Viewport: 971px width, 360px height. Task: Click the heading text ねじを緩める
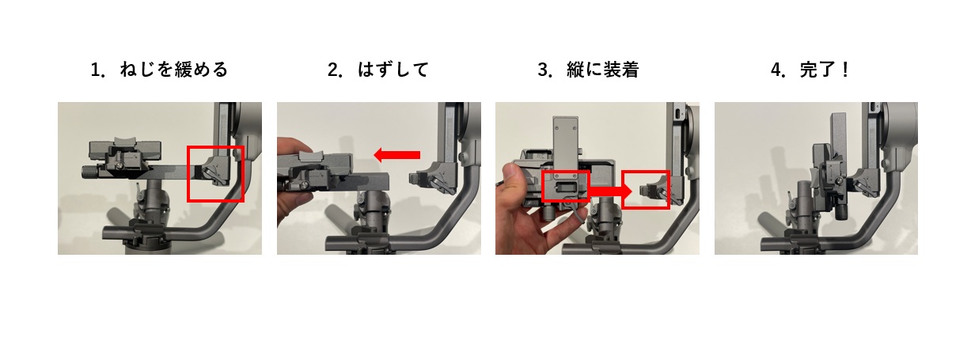[173, 70]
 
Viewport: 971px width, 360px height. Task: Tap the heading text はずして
[393, 70]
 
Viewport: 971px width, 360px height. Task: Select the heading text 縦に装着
[602, 70]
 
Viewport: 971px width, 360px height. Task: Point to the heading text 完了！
[824, 70]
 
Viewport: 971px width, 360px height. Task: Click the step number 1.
[97, 70]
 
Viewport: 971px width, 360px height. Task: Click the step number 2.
[335, 70]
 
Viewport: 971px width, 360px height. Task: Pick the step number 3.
[544, 70]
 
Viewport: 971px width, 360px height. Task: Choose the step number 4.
[778, 70]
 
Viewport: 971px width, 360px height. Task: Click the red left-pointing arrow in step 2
[396, 154]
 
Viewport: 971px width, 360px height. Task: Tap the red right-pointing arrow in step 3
[610, 191]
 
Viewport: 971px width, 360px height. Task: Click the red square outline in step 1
[188, 174]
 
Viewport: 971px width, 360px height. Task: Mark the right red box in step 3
[623, 190]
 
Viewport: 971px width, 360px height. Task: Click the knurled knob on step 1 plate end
[89, 172]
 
